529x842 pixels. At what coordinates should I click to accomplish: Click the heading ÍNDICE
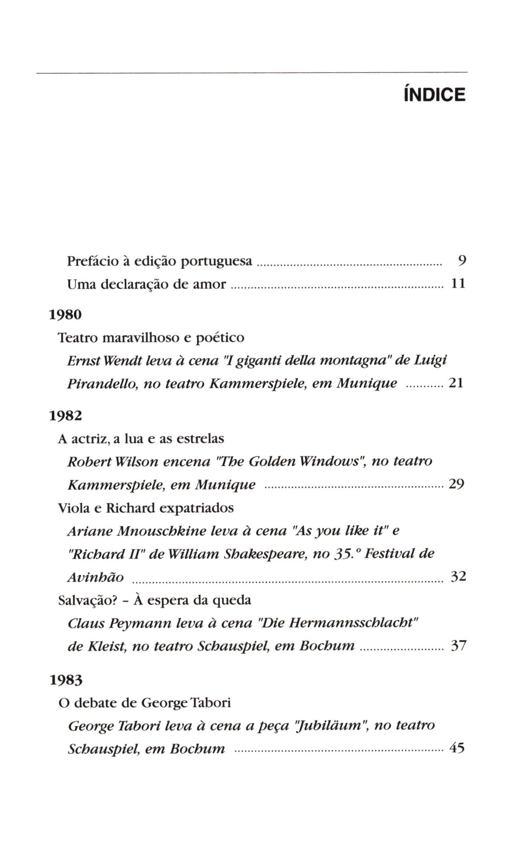point(434,95)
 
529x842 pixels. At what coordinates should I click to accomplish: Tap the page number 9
point(462,261)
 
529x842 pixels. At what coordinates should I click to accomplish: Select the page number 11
point(458,284)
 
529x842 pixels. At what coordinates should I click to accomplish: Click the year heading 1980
point(65,314)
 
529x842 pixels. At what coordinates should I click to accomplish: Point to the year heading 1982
point(65,416)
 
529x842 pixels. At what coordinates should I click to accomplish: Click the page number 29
point(456,484)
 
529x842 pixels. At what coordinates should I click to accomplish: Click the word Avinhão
point(95,578)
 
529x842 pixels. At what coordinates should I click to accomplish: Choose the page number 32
point(458,576)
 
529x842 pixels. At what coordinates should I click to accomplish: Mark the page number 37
point(458,646)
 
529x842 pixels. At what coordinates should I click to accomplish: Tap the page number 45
point(457,748)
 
